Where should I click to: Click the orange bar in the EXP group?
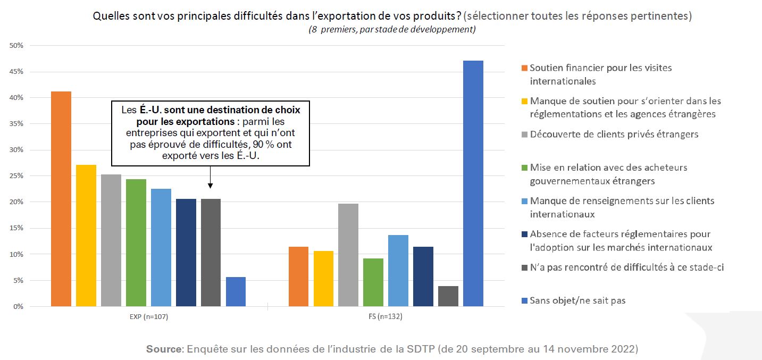pos(61,199)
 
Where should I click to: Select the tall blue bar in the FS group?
pos(473,183)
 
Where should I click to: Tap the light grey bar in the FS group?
pos(348,255)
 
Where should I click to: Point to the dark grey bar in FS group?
pos(448,296)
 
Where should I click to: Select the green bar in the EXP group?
pos(136,242)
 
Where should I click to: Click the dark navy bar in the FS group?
pos(423,277)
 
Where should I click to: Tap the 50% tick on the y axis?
pos(16,46)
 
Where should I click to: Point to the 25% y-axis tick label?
pos(16,176)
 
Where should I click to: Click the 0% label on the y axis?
pos(19,307)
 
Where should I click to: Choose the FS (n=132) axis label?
pos(386,317)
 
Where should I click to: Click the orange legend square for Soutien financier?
pos(524,68)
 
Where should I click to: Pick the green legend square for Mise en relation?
pos(524,168)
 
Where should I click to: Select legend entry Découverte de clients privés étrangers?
pos(614,134)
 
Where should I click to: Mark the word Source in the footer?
pos(164,349)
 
